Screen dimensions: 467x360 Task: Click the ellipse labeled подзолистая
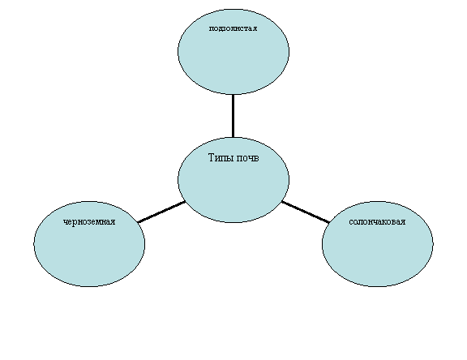point(233,52)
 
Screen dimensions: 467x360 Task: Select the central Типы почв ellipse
point(233,180)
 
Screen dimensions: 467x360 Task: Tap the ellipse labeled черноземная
point(89,244)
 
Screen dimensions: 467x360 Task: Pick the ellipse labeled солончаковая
point(377,244)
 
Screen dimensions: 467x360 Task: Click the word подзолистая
point(233,28)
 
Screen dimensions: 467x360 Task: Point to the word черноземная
point(89,222)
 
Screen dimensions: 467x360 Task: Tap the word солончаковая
point(377,222)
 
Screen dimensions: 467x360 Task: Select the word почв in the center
point(248,158)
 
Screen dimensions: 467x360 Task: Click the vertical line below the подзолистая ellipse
point(233,116)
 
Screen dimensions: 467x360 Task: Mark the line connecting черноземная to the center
point(161,212)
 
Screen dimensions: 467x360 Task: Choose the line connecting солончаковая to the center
point(306,212)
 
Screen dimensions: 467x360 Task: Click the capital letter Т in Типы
point(211,157)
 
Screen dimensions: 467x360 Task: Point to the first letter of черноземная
point(66,222)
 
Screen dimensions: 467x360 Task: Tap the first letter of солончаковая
point(351,222)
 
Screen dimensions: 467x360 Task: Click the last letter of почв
point(256,159)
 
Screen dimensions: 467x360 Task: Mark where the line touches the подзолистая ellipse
point(233,95)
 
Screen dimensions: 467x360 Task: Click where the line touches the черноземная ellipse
point(138,222)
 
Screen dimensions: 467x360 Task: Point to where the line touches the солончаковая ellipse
point(329,222)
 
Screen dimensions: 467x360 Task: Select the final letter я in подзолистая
point(255,28)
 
